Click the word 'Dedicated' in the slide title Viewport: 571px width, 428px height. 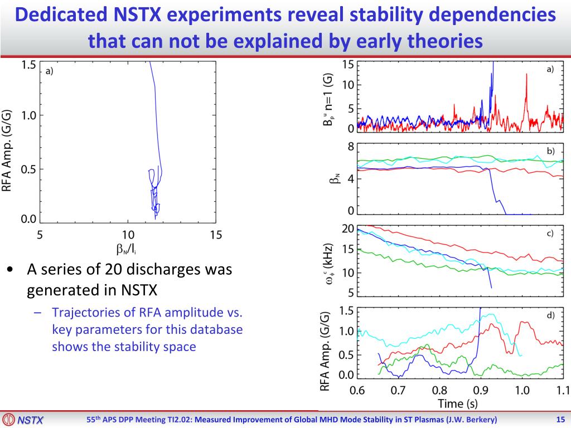[x=61, y=14]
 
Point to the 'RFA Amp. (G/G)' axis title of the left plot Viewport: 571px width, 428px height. [x=7, y=149]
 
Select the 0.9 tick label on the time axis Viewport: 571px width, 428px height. [x=481, y=390]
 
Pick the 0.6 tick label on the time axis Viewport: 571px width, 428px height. [x=357, y=390]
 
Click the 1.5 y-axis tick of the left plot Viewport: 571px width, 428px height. [x=28, y=65]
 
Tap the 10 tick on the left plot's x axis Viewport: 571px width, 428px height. [x=128, y=235]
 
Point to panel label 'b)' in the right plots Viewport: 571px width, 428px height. [x=550, y=151]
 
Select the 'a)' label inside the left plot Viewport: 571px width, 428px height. [x=49, y=71]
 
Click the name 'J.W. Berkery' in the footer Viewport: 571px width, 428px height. [x=472, y=420]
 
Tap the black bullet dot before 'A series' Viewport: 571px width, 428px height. [x=11, y=270]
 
